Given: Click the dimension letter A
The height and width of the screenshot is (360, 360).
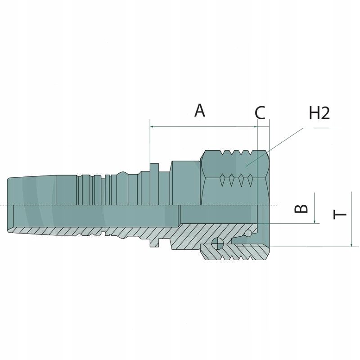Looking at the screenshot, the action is [200, 110].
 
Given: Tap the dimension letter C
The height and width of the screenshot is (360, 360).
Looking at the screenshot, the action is [260, 113].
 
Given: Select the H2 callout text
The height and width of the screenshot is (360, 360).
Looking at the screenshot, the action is [319, 113].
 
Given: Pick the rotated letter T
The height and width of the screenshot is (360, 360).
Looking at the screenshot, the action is [341, 212].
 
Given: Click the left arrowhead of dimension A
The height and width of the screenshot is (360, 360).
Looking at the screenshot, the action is [152, 127].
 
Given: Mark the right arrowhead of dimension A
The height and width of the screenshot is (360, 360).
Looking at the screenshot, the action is [255, 127].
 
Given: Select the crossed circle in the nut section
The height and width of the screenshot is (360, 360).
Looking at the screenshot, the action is [217, 243].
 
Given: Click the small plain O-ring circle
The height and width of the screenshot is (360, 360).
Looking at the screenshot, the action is [247, 233].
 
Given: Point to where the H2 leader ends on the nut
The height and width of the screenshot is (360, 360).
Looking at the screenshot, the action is [245, 166].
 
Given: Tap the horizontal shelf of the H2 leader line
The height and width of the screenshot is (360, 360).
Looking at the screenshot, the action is [322, 128].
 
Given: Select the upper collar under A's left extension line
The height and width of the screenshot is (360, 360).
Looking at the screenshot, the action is [154, 169].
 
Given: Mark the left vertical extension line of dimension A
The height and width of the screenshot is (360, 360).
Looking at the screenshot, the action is [149, 144].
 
